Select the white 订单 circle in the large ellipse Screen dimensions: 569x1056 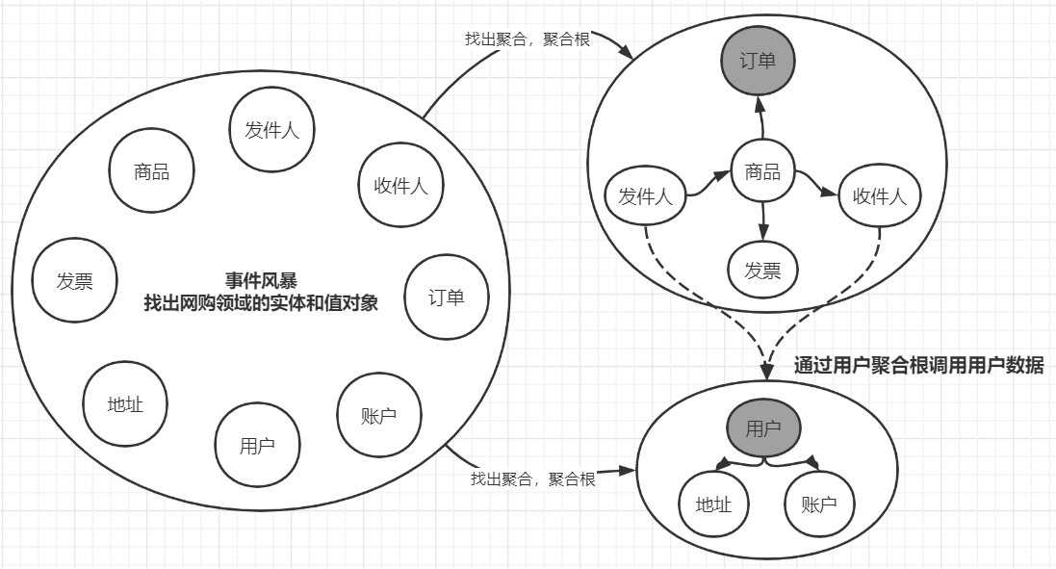447,297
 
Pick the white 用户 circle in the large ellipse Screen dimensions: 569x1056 257,445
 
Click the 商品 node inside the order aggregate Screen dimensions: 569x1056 762,172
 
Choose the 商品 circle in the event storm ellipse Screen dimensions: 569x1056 152,172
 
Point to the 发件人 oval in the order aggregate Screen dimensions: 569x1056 645,197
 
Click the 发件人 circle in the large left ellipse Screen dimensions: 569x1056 272,130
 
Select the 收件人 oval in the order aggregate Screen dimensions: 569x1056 880,197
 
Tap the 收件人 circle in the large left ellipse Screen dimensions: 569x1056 400,186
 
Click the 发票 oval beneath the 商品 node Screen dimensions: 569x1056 762,272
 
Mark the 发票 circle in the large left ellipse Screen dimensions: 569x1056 74,281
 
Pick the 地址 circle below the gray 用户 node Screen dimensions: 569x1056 714,504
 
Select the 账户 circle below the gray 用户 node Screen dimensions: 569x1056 819,504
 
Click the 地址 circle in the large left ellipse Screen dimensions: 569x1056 125,404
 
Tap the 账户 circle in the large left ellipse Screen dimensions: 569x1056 378,415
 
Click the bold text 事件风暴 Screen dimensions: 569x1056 261,280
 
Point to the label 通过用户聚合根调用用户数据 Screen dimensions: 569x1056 918,366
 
